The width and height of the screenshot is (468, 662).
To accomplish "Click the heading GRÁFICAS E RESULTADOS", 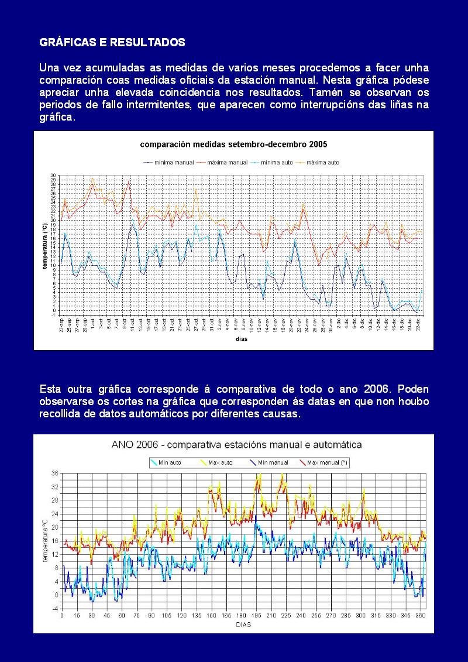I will click(x=112, y=43).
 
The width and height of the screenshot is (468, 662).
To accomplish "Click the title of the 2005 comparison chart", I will click(x=233, y=144).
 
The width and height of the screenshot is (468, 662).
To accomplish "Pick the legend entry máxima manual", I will click(x=222, y=162).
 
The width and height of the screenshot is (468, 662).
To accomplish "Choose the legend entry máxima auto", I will click(x=322, y=162).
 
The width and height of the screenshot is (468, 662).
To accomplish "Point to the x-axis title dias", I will click(x=241, y=339).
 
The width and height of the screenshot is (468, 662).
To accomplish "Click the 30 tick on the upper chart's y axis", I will click(x=53, y=176).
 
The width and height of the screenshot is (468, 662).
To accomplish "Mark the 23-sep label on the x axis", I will click(x=61, y=324).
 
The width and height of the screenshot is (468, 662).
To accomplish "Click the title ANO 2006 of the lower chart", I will click(x=236, y=445).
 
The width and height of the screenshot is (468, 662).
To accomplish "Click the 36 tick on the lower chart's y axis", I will click(x=55, y=473).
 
